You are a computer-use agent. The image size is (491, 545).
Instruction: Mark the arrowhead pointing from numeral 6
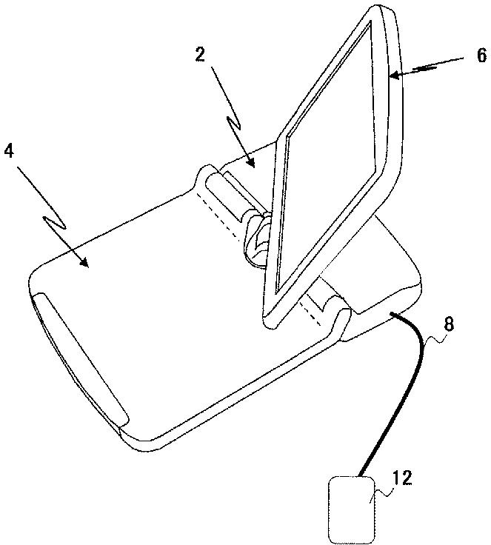393,75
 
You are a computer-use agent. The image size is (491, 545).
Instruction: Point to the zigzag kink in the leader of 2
236,122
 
